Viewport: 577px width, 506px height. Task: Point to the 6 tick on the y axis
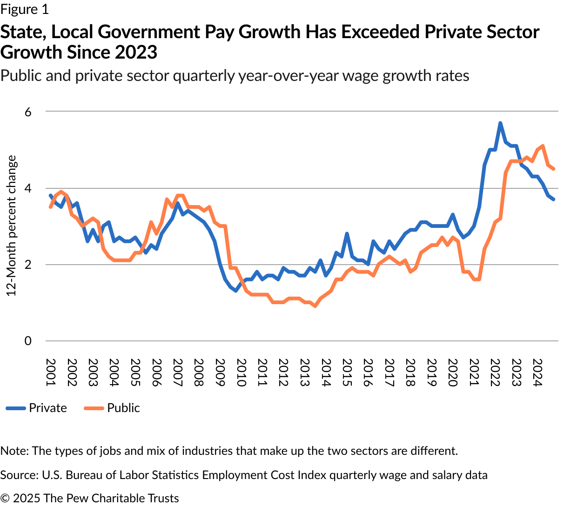tap(28, 112)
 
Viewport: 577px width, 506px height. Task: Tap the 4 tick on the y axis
tap(28, 188)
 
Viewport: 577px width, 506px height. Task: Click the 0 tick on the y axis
tap(28, 341)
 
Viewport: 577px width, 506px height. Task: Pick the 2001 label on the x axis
tap(51, 373)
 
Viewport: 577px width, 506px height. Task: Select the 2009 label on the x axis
tap(220, 373)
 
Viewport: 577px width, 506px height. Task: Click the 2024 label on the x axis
tap(537, 373)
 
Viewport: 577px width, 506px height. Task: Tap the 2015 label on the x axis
tap(347, 373)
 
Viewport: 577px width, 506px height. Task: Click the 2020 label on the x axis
tap(452, 373)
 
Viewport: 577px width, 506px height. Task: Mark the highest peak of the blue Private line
tap(500, 123)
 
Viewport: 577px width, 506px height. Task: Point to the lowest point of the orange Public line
tap(315, 306)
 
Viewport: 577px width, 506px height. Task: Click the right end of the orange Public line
tap(553, 169)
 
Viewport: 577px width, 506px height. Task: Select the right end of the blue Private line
tap(553, 199)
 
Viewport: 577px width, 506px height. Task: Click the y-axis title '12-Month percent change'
tap(11, 226)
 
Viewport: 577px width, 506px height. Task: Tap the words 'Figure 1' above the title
tap(24, 9)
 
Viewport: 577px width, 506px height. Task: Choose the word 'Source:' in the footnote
tap(19, 475)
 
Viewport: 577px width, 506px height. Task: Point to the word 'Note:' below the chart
tap(14, 451)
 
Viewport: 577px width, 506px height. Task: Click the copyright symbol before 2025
tap(5, 498)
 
